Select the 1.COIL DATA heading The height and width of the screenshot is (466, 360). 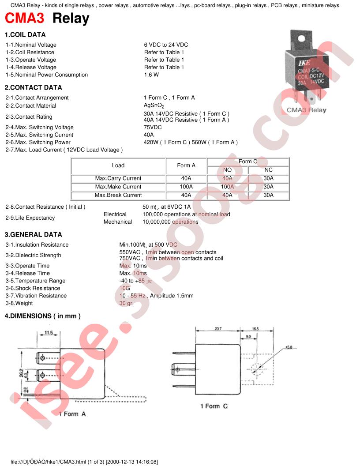pos(25,35)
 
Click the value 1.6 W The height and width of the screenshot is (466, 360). pos(151,75)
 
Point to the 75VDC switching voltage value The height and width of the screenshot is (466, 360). pos(153,128)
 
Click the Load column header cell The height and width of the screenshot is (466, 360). pos(118,165)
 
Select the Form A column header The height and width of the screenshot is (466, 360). pos(186,165)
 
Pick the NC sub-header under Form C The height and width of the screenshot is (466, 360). pos(268,170)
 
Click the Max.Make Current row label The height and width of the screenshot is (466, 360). pos(118,187)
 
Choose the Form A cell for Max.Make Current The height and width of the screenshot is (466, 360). pos(186,187)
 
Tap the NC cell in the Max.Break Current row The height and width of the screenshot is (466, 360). pos(268,195)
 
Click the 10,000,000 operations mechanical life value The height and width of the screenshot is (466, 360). pos(170,222)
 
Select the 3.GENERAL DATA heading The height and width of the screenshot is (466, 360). pos(33,235)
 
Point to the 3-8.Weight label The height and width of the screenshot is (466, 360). pos(19,304)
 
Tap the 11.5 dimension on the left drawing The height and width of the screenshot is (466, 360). pos(49,333)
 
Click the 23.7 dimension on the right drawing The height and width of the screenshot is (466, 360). pos(218,329)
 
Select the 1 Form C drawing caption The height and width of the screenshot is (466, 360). pos(214,406)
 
